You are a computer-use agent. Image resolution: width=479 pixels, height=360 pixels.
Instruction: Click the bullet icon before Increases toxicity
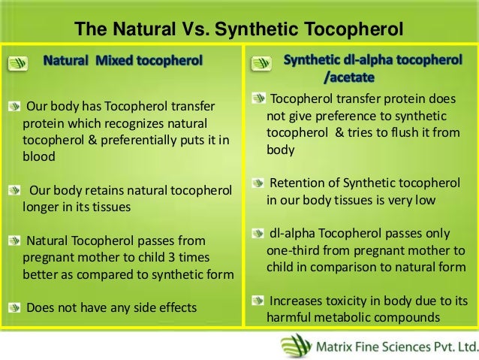coord(258,299)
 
